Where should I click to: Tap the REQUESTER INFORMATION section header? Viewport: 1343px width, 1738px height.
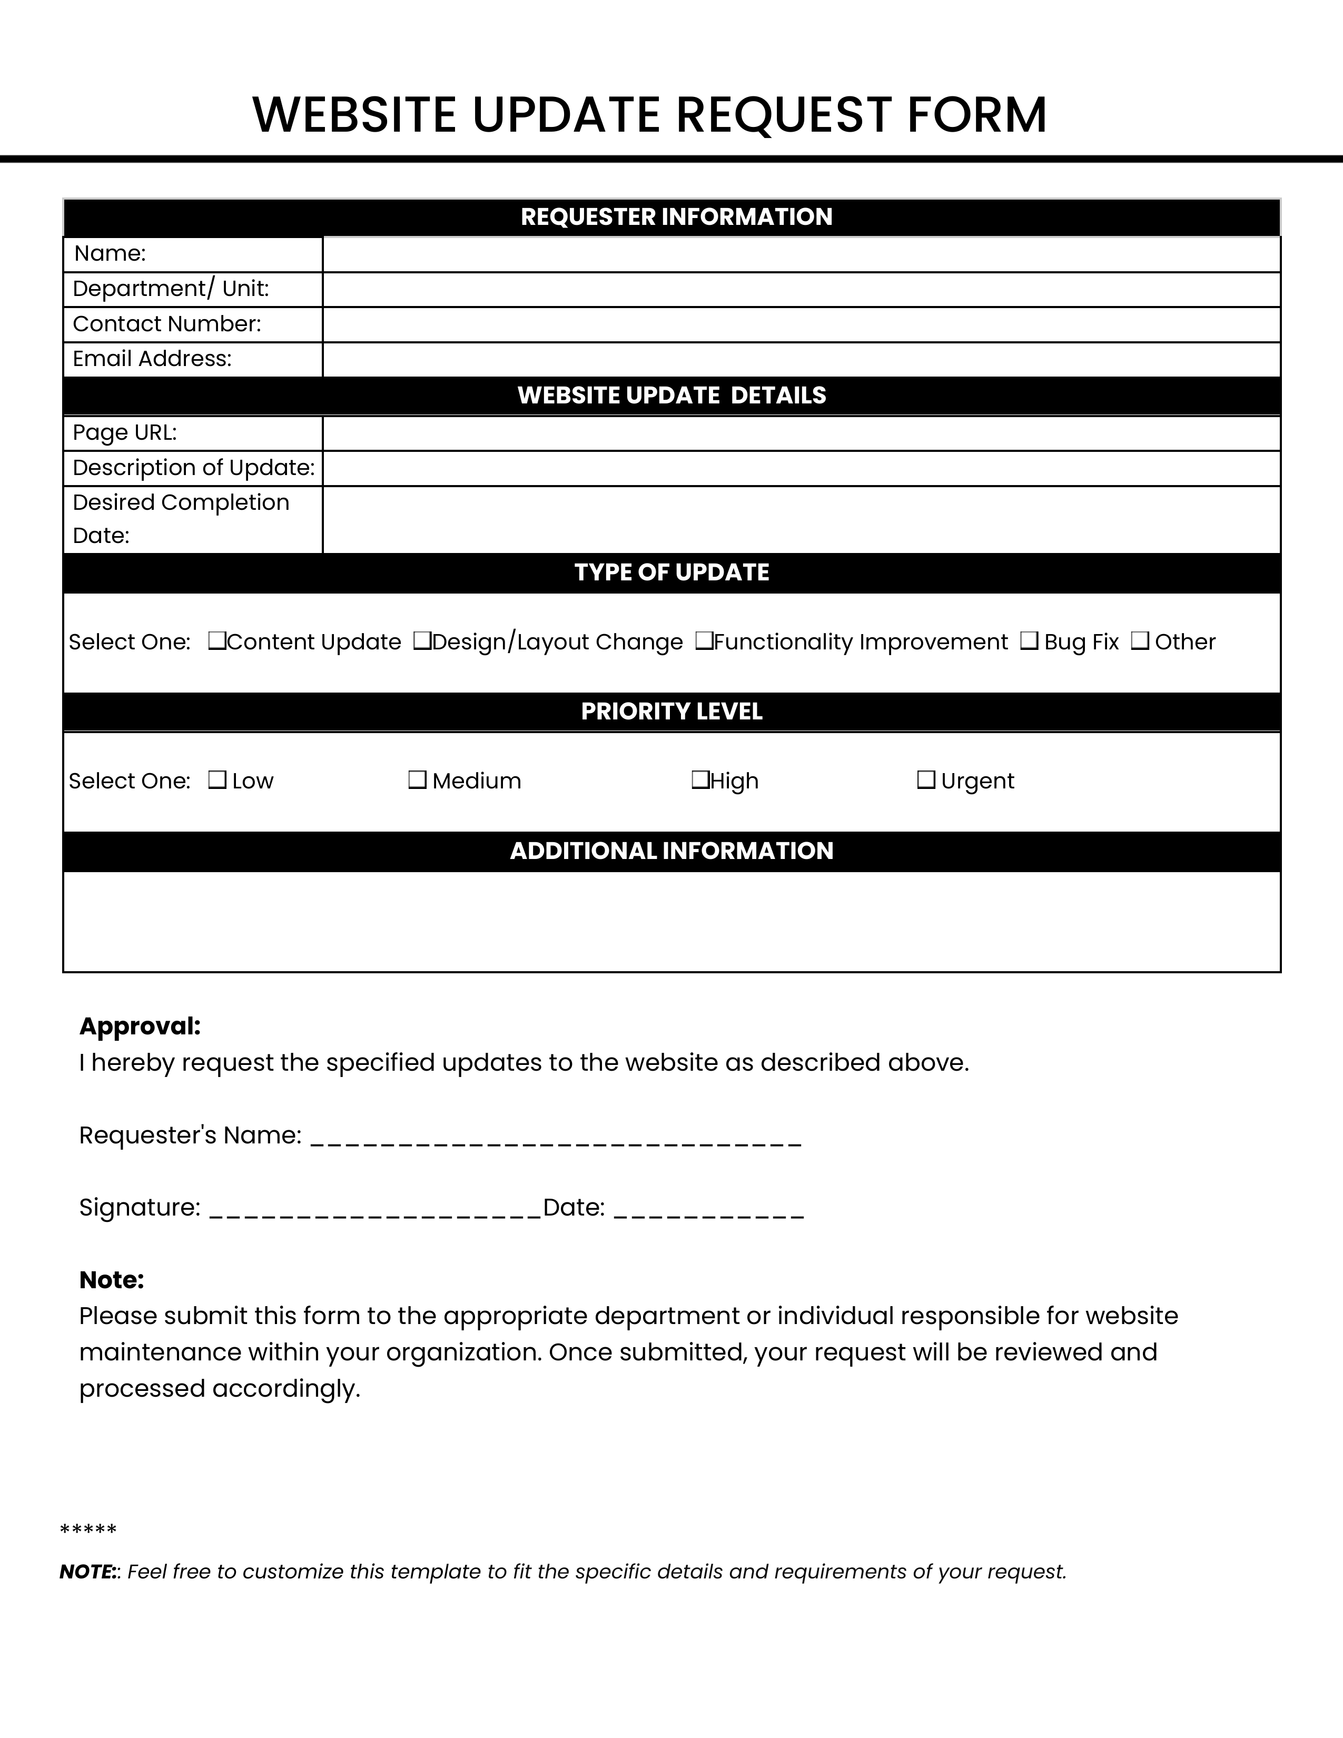click(676, 216)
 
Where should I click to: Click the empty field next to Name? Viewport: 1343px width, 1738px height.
click(801, 255)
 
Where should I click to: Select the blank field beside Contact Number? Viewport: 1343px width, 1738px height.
click(801, 324)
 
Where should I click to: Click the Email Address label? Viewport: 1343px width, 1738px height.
click(152, 359)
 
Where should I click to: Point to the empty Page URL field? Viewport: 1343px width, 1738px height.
click(801, 433)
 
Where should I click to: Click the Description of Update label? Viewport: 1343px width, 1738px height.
click(193, 468)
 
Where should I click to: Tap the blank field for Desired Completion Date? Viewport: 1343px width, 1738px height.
click(801, 520)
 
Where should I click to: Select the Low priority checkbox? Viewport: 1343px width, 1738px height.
click(216, 780)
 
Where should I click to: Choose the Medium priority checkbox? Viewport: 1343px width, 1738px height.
click(417, 780)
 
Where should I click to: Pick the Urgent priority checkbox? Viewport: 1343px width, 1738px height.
click(925, 780)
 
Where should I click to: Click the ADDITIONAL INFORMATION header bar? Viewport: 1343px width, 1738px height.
click(671, 851)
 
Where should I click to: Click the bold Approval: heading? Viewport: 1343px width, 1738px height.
click(140, 1026)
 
